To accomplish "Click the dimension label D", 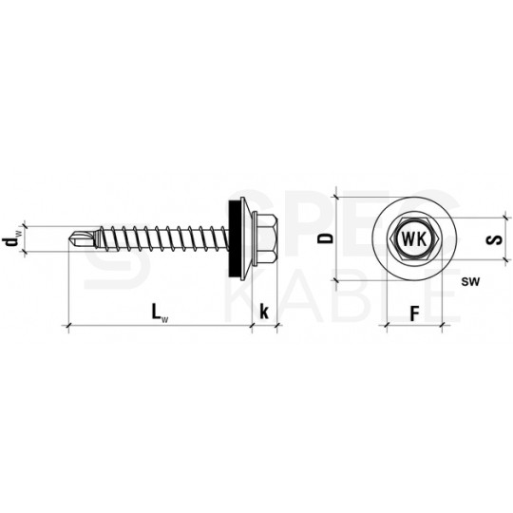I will (x=327, y=238).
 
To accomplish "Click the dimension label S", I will (x=493, y=239).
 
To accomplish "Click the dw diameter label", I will (x=10, y=238).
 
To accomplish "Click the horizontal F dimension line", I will (x=414, y=327).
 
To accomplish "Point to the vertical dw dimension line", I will (x=25, y=238).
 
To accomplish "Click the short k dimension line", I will (x=263, y=328).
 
